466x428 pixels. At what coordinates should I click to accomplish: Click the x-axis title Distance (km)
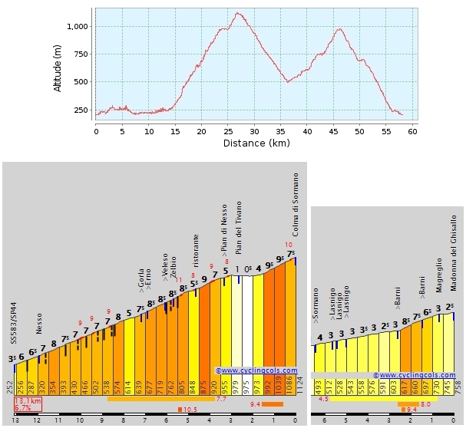(x=256, y=143)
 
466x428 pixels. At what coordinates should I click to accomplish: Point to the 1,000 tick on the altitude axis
(x=80, y=26)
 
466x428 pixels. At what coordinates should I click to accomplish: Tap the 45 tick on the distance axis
(x=333, y=131)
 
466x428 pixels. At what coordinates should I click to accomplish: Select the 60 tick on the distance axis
(x=412, y=131)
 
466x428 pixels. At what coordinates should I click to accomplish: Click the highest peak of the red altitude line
(x=239, y=13)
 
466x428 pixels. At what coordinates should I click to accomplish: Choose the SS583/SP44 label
(x=13, y=325)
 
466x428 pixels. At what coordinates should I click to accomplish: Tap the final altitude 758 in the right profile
(x=458, y=384)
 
